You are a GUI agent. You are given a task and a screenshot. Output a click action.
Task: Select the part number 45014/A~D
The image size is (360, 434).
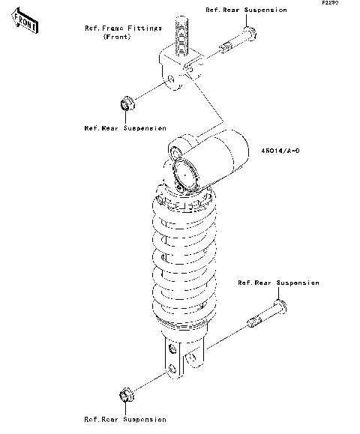click(281, 151)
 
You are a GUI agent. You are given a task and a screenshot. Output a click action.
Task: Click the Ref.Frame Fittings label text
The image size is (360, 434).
click(124, 28)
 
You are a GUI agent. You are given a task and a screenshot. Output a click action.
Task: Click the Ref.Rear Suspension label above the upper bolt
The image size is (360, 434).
click(246, 10)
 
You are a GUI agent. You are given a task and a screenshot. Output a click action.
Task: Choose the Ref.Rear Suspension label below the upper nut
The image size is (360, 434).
click(125, 128)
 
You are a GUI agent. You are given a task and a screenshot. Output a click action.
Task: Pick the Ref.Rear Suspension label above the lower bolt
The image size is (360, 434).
click(278, 283)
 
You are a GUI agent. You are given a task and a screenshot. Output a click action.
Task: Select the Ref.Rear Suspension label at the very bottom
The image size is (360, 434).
click(124, 419)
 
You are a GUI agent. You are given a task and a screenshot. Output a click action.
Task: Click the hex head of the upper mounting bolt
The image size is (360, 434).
click(250, 34)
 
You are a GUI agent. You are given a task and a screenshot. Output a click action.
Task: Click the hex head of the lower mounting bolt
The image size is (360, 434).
click(279, 307)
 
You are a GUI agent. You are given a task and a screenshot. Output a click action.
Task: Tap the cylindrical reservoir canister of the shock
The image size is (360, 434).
click(221, 158)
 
